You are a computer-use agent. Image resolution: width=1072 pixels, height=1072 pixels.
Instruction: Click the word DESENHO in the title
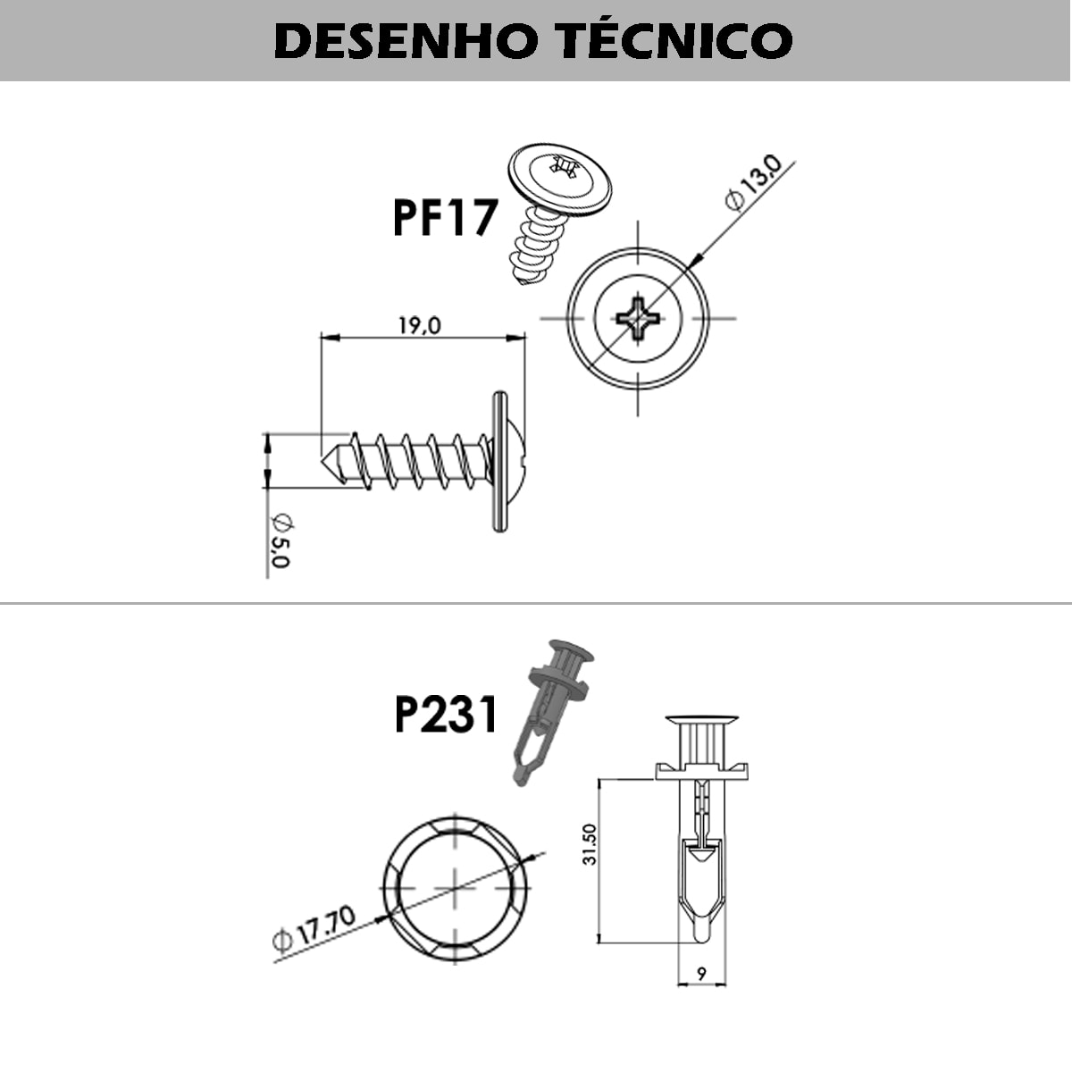[x=406, y=41]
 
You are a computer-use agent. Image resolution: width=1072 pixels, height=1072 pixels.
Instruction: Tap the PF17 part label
[x=445, y=218]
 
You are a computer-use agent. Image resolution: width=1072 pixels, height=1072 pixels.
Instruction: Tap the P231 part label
[x=445, y=715]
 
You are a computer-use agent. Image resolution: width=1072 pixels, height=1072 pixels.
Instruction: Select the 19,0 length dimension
[x=420, y=326]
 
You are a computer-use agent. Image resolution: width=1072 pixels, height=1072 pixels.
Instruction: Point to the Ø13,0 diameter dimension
[x=753, y=183]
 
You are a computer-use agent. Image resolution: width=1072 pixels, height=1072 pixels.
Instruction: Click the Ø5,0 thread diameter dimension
[x=281, y=541]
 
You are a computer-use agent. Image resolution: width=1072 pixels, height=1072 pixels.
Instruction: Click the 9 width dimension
[x=701, y=974]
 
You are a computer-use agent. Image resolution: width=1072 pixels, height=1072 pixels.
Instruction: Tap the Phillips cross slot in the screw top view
[x=638, y=319]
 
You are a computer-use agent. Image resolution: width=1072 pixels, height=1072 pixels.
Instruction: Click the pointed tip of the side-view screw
[x=323, y=462]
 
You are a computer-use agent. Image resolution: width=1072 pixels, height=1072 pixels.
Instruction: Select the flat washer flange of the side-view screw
[x=499, y=462]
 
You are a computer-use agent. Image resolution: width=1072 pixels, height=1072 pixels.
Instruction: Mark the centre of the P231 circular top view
[x=456, y=887]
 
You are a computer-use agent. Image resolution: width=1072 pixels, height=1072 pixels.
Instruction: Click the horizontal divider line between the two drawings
[x=536, y=603]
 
